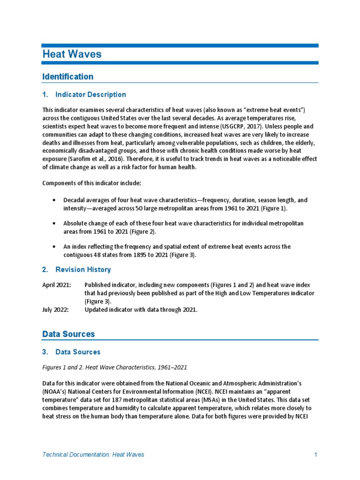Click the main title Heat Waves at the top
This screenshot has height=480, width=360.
(72, 54)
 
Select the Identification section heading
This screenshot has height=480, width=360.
(67, 76)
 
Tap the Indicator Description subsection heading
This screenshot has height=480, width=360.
(90, 95)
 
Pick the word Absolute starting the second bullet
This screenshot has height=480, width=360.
(76, 224)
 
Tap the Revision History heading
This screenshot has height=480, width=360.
(83, 270)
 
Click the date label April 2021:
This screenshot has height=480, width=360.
(57, 285)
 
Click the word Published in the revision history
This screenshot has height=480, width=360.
(99, 285)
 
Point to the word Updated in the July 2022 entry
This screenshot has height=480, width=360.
(97, 309)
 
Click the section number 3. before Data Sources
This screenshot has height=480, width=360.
(45, 352)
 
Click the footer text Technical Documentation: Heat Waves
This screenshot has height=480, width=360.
(93, 454)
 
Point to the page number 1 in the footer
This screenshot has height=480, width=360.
(316, 454)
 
